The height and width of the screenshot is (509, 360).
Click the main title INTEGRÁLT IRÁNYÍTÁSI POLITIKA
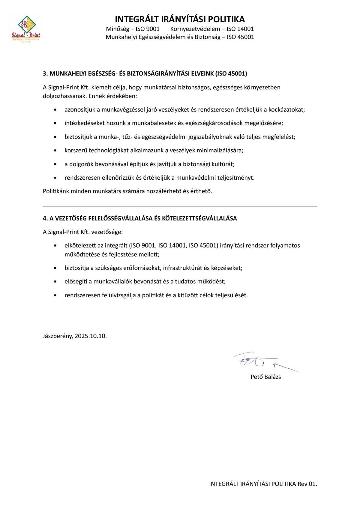[180, 19]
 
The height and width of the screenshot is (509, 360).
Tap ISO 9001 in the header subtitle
[148, 29]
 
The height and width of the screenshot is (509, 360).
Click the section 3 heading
[145, 73]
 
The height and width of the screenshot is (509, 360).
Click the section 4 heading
[140, 218]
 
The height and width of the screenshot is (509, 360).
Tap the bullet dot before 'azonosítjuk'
[55, 110]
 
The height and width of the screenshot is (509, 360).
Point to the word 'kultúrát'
[223, 164]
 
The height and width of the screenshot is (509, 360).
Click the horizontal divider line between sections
[180, 207]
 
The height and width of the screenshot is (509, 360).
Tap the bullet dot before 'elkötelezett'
[55, 246]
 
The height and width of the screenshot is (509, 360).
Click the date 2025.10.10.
[91, 336]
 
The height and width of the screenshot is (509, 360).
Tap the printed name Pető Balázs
[265, 377]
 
